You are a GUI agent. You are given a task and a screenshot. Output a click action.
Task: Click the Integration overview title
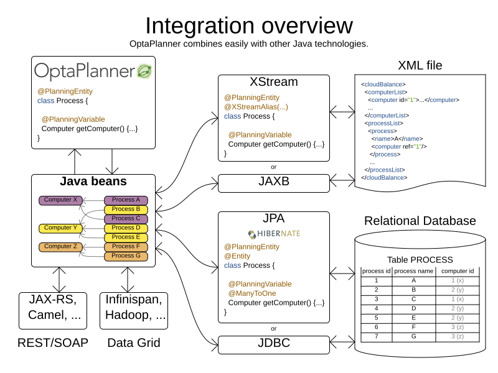(x=248, y=25)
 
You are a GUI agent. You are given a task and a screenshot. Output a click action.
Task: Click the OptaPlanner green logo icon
(x=144, y=71)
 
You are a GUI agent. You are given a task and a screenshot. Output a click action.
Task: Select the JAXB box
(x=273, y=183)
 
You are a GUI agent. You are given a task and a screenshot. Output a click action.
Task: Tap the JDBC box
(x=273, y=344)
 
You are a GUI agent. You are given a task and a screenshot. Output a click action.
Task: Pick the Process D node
(x=126, y=228)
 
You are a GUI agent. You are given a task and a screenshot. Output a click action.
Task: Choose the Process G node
(x=126, y=256)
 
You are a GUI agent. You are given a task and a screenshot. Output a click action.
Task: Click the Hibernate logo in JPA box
(x=274, y=234)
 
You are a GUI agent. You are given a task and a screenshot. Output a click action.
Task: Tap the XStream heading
(x=273, y=82)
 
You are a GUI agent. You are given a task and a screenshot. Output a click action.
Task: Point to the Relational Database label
(x=420, y=221)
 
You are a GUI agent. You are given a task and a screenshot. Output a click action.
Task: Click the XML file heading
(x=420, y=65)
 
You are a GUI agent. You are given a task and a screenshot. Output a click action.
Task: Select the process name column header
(x=413, y=271)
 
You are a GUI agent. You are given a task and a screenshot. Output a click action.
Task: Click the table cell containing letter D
(x=413, y=308)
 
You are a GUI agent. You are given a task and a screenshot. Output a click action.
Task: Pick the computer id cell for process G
(x=458, y=336)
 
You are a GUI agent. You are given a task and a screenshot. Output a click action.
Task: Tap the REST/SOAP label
(x=53, y=343)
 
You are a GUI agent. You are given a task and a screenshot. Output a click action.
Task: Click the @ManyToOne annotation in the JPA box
(x=251, y=293)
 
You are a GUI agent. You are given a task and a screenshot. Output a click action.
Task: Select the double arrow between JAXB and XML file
(x=342, y=181)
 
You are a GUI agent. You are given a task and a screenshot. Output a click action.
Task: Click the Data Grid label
(x=133, y=343)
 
